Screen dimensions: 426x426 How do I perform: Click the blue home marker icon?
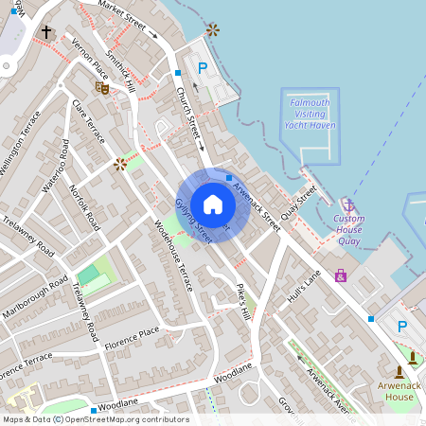(x=213, y=204)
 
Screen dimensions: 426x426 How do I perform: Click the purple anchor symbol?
(x=348, y=205)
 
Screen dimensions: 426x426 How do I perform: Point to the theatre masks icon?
(x=102, y=87)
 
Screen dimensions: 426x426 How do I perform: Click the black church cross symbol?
(x=46, y=33)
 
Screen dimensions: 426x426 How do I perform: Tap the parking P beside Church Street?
(x=202, y=68)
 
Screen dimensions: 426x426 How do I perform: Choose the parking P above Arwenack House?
(x=402, y=328)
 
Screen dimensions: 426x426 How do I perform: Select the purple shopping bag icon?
(x=341, y=275)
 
